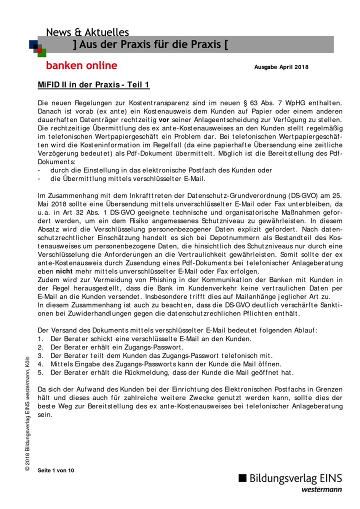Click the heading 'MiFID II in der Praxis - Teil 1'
(x=93, y=84)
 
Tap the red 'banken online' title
(x=81, y=65)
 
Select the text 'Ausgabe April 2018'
(x=281, y=67)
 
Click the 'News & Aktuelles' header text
(x=87, y=32)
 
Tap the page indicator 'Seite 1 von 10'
(x=56, y=470)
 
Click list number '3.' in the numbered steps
(x=41, y=355)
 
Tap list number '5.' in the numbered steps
(x=41, y=372)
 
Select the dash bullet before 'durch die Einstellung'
(x=39, y=170)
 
